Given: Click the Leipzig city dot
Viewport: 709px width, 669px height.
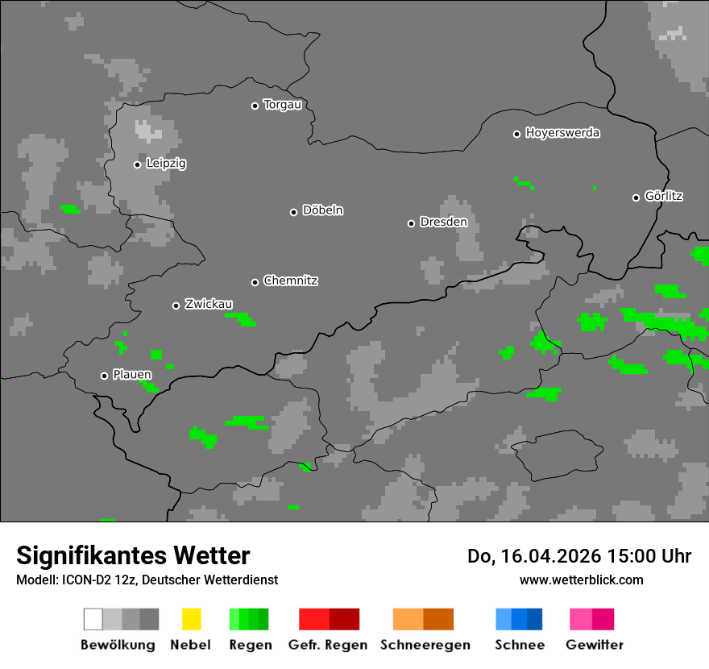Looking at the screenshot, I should (x=137, y=164).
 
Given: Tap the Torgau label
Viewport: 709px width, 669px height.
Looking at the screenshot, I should (x=282, y=105).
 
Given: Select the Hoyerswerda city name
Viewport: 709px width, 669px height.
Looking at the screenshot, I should (x=562, y=133).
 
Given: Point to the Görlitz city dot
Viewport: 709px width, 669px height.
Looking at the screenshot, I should (x=636, y=197).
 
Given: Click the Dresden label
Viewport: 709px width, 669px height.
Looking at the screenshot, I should (x=443, y=222).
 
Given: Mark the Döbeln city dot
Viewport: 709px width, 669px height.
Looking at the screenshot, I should (x=293, y=212).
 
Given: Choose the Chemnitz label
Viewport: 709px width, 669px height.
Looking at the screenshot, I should (x=290, y=281).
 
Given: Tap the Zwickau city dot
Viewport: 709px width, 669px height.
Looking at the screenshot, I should (x=176, y=305).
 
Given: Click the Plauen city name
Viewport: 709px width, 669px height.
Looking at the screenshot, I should (x=132, y=375).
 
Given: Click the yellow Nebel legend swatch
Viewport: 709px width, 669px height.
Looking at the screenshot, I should (x=191, y=619).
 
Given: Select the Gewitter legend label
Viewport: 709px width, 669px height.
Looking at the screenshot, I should (x=595, y=645).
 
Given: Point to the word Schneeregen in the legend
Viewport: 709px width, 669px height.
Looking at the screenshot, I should (x=425, y=645).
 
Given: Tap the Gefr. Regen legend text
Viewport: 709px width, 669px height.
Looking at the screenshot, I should (x=328, y=645).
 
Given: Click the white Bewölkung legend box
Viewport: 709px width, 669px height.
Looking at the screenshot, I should (x=93, y=619).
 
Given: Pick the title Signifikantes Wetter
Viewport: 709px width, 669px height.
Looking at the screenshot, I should (x=133, y=555).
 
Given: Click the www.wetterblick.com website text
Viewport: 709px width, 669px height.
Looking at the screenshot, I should (x=581, y=580).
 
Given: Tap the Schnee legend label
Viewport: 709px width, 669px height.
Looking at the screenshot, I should (x=520, y=645).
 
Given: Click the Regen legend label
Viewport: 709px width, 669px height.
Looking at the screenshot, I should (x=250, y=645).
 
